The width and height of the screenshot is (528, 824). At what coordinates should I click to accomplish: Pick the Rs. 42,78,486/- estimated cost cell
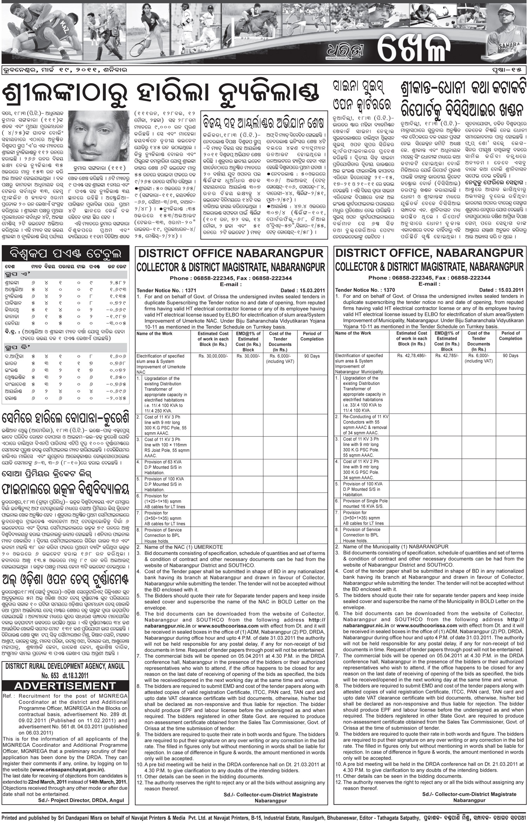tap(411, 356)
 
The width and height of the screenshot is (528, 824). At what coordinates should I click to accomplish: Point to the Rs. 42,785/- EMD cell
tap(447, 356)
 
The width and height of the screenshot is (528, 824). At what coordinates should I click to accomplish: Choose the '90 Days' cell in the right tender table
tap(510, 356)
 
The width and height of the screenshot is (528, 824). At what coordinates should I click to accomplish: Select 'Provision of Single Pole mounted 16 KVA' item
tap(362, 503)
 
